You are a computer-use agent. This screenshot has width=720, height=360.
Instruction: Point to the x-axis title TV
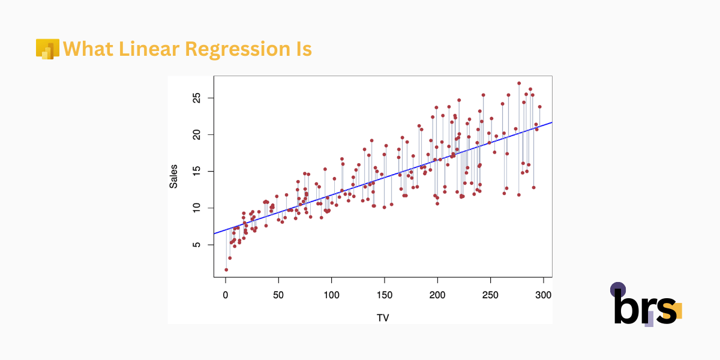[383, 317]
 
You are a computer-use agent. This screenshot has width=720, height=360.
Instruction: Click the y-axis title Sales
[173, 176]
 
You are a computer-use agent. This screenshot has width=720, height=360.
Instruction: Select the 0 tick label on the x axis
[225, 295]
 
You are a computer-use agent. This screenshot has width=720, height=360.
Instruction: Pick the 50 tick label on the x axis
[278, 295]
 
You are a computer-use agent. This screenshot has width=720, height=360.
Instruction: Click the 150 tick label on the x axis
[384, 295]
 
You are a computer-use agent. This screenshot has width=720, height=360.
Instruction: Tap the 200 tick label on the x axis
[437, 295]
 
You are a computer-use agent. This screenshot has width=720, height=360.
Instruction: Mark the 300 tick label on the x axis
[544, 295]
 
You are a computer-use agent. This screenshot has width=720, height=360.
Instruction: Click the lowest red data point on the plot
[226, 270]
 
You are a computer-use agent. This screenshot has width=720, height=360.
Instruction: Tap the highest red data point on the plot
[519, 83]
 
